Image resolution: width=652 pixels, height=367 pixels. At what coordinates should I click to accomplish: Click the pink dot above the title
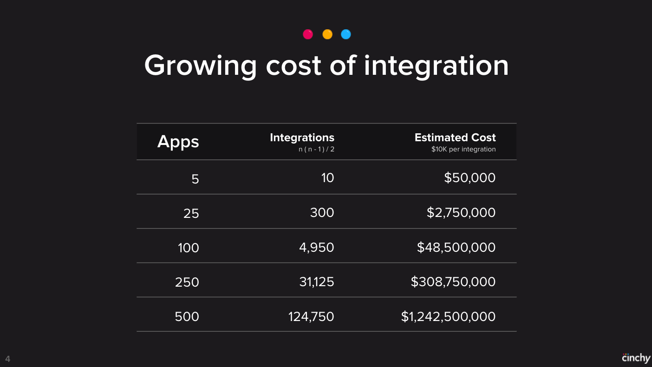pos(308,34)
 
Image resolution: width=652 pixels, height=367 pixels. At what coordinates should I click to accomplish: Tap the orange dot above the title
pos(327,34)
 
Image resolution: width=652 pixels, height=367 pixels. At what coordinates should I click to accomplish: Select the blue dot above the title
pos(346,34)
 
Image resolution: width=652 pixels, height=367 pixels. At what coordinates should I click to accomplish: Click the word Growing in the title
pos(200,67)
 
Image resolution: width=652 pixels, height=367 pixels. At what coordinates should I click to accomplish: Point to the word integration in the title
pos(437,67)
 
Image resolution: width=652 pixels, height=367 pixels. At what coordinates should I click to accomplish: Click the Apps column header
pos(178,142)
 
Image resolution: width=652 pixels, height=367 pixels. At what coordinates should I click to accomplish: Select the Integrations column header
pos(302,138)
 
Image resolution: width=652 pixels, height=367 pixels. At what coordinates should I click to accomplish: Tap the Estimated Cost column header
pos(455,138)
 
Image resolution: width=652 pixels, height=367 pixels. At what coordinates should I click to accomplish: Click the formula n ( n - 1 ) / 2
pos(316,150)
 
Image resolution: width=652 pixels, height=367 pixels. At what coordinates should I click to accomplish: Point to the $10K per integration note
pos(463,150)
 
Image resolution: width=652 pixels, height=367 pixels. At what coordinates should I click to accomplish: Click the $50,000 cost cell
pos(470,177)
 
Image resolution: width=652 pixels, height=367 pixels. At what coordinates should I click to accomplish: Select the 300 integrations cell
pos(322,213)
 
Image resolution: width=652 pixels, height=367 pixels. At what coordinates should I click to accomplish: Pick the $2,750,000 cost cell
pos(461,213)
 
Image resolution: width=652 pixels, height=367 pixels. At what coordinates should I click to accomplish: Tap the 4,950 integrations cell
pos(317,248)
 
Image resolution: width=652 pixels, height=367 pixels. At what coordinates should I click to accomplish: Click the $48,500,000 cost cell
pos(456,248)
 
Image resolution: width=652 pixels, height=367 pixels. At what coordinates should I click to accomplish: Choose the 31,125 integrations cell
pos(317,282)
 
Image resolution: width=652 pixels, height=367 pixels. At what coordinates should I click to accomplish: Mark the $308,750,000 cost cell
pos(453,282)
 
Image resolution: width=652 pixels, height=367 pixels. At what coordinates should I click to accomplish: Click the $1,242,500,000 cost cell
pos(448,317)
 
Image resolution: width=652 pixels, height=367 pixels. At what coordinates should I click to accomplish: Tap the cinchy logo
pos(636,358)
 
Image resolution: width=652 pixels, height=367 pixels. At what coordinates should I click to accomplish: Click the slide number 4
pos(7,359)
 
